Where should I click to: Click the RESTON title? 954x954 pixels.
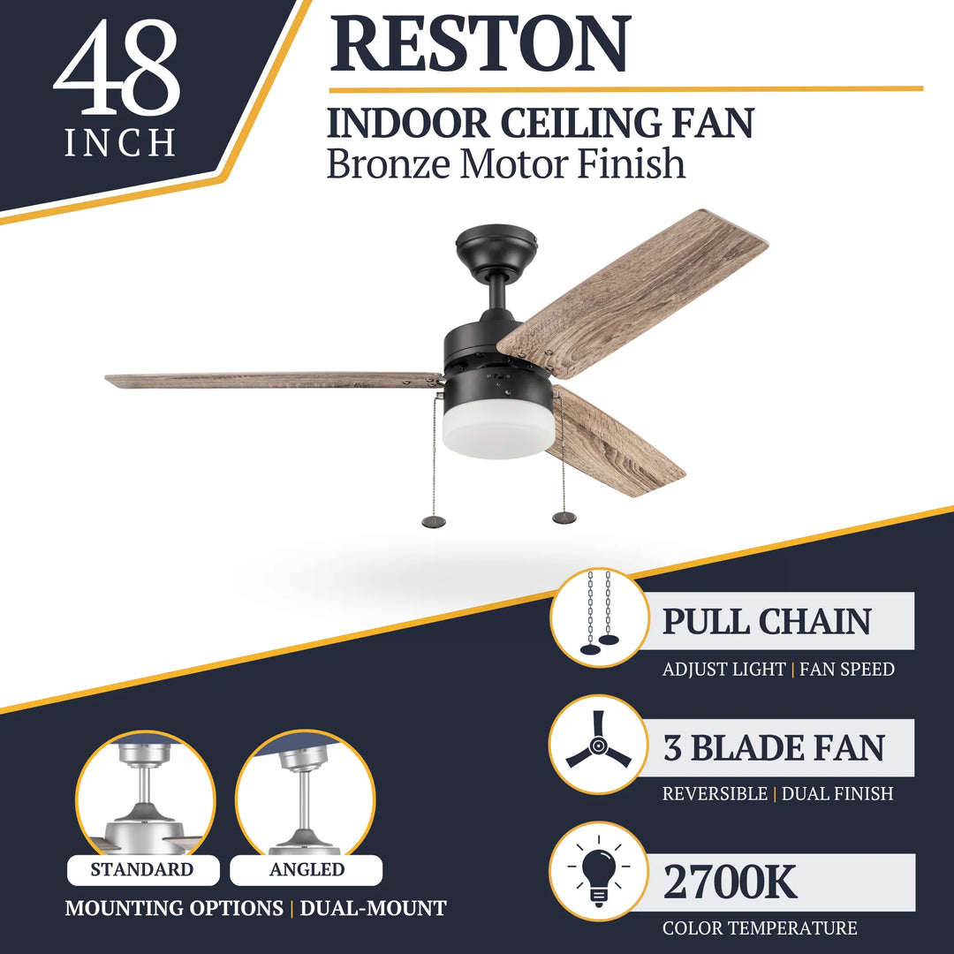click(480, 43)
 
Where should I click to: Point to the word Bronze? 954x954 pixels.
click(388, 164)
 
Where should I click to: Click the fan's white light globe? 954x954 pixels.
click(498, 430)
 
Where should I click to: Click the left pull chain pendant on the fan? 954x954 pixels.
click(434, 521)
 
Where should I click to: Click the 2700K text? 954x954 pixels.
click(730, 882)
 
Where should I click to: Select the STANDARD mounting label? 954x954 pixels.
click(142, 870)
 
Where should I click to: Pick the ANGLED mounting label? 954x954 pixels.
click(307, 870)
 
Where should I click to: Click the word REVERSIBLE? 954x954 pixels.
click(715, 794)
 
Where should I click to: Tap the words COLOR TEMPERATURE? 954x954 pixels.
click(760, 928)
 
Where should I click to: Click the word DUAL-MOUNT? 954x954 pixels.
click(373, 908)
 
